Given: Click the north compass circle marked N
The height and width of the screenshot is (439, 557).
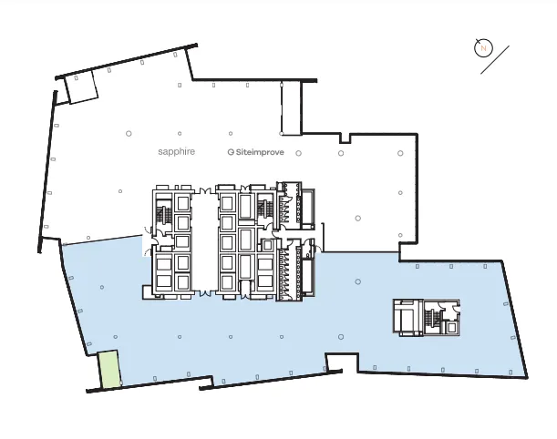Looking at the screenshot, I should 484,48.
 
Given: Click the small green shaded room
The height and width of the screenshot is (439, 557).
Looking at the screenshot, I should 109,371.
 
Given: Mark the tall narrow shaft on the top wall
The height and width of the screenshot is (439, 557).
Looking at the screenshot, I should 290,107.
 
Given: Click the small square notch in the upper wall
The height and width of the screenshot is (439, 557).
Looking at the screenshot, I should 344,138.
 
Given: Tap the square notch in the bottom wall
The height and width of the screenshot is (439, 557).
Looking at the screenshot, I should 341,362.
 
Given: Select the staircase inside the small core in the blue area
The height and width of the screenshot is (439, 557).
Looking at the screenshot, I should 430,318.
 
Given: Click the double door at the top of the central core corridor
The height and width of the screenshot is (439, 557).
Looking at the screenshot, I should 205,190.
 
